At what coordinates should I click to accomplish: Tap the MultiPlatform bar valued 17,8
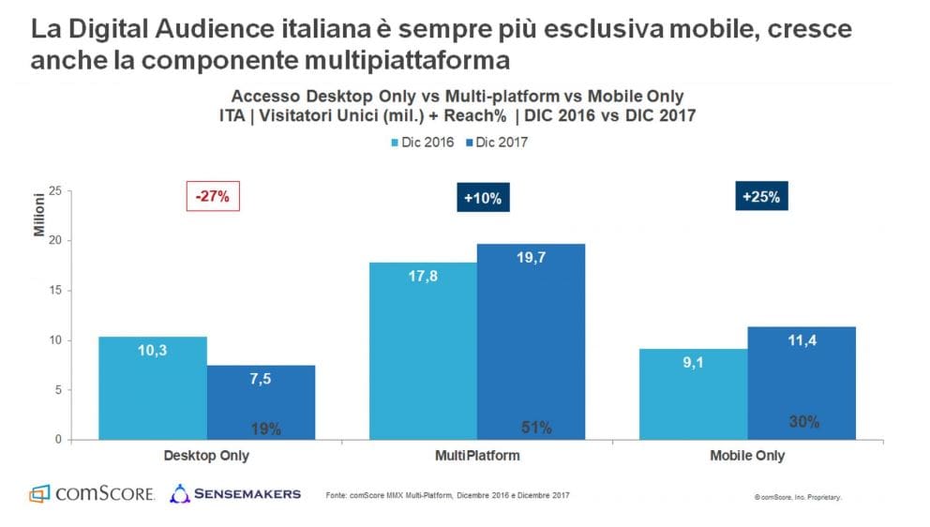pos(423,351)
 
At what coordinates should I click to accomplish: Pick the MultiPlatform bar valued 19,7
pos(532,341)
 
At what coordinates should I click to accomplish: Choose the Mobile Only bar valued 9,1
pos(694,394)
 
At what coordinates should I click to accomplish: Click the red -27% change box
pos(213,197)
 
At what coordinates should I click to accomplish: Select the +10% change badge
pos(483,198)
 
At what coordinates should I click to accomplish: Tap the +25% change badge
pos(760,197)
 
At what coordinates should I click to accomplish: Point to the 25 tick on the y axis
pos(55,191)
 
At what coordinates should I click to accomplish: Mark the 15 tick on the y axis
pos(55,291)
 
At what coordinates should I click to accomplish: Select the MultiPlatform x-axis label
pos(477,457)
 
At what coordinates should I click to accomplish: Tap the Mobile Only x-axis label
pos(747,457)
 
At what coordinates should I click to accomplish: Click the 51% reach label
pos(535,428)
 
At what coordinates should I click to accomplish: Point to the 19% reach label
pos(266,429)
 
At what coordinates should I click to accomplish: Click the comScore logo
pos(91,493)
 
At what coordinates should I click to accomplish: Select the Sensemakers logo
pos(235,492)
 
